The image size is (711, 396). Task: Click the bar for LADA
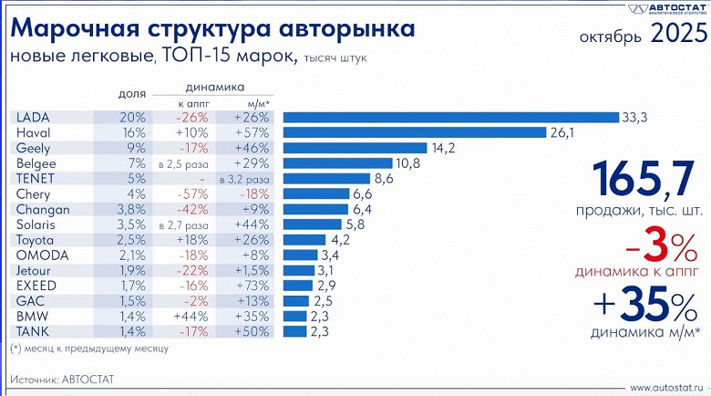tap(448, 117)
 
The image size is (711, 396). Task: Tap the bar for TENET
tap(325, 178)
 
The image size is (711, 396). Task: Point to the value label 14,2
tap(445, 148)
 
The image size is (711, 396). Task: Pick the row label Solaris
tap(36, 224)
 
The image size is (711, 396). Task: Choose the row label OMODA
tap(39, 255)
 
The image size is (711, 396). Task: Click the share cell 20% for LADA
tap(132, 117)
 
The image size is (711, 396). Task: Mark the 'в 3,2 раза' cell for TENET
tap(242, 179)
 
